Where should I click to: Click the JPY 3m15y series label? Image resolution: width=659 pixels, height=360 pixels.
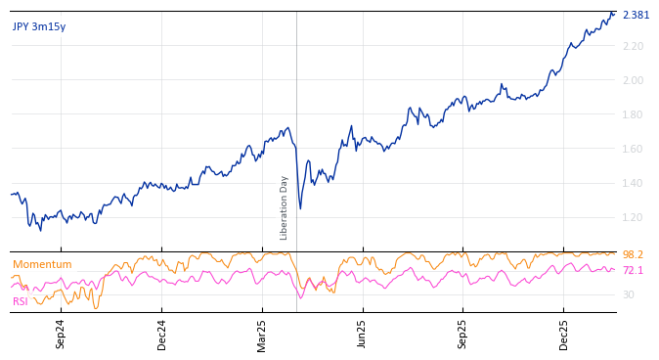coord(39,27)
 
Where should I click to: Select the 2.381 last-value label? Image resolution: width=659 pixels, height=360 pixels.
coord(636,15)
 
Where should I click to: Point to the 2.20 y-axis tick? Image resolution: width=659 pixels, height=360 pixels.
coord(633,46)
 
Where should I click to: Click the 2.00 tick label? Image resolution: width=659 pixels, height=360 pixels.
coord(633,80)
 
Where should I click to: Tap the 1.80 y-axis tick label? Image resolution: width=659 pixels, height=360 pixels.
coord(633,114)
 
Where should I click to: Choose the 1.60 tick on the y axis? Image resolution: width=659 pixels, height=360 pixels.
coord(633,149)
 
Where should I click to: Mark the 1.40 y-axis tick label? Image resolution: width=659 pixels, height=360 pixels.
coord(633,183)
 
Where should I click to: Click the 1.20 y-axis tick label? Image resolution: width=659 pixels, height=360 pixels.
coord(633,217)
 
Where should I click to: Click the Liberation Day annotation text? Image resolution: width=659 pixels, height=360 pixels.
coord(285,207)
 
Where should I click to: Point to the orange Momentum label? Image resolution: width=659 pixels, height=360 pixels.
coord(42,265)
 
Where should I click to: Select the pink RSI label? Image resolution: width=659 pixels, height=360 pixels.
coord(21,301)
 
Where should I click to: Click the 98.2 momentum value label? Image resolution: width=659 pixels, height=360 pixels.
coord(633,254)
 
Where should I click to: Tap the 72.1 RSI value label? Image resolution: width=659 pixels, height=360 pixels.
coord(633,270)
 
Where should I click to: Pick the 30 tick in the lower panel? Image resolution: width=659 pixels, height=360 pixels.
coord(629,294)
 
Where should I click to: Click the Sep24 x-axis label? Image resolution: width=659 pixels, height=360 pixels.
coord(61,334)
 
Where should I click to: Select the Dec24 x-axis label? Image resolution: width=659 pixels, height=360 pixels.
coord(161,334)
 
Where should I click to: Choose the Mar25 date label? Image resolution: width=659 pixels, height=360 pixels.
coord(262,334)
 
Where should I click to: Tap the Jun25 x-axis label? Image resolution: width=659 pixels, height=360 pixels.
coord(362,334)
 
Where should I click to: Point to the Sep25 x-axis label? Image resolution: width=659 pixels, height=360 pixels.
coord(462,334)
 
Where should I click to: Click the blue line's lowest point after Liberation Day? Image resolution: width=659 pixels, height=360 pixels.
coord(300,208)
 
